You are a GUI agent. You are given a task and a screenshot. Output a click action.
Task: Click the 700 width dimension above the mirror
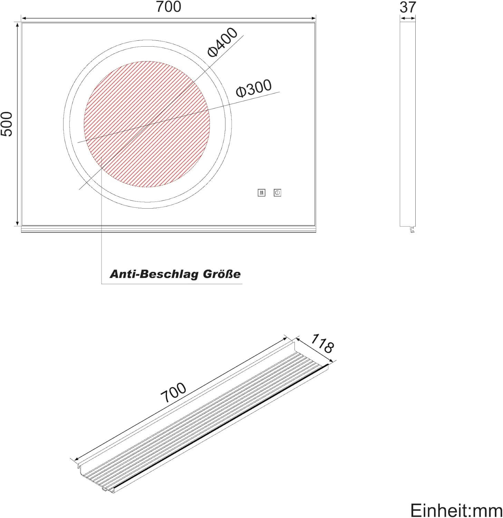click(x=168, y=7)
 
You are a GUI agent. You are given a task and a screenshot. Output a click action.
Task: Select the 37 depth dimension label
click(x=408, y=7)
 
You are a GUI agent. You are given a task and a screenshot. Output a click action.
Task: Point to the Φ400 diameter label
click(x=223, y=42)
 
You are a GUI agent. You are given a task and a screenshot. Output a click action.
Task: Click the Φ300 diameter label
click(x=254, y=88)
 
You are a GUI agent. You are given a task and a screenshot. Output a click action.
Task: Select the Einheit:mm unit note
click(x=456, y=510)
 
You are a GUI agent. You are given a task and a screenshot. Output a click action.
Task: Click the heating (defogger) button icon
click(x=261, y=193)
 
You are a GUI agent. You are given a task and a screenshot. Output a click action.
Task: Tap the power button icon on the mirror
click(x=277, y=193)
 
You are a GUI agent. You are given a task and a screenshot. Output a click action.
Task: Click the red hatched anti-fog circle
click(x=147, y=124)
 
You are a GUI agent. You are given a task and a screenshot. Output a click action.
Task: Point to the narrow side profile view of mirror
click(x=407, y=124)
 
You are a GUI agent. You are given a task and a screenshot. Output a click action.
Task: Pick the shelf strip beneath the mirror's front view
click(x=168, y=229)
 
